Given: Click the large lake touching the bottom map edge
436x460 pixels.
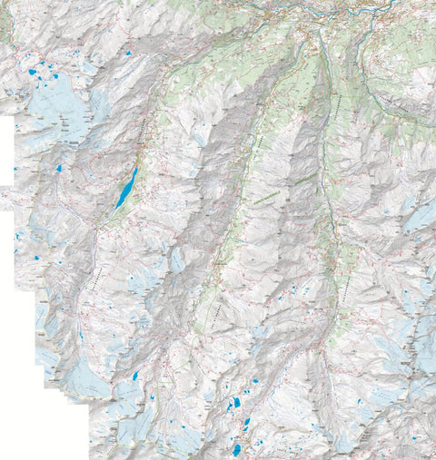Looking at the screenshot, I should pos(236,448).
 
